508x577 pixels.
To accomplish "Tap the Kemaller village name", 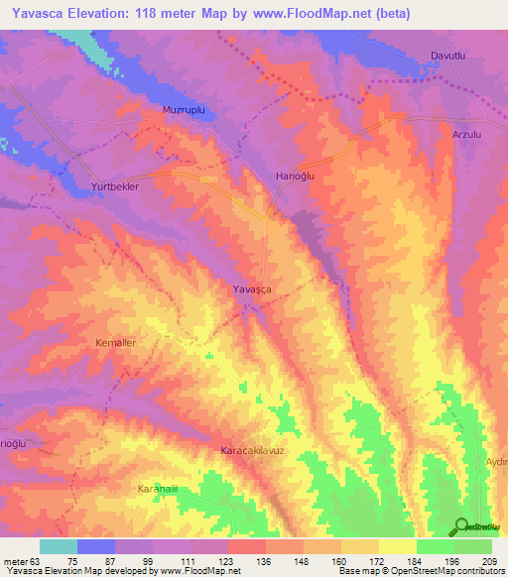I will point(114,342).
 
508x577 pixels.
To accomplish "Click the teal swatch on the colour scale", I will point(59,546).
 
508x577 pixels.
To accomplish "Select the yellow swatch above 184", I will point(397,546).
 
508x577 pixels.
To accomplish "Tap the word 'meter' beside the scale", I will point(14,561).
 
